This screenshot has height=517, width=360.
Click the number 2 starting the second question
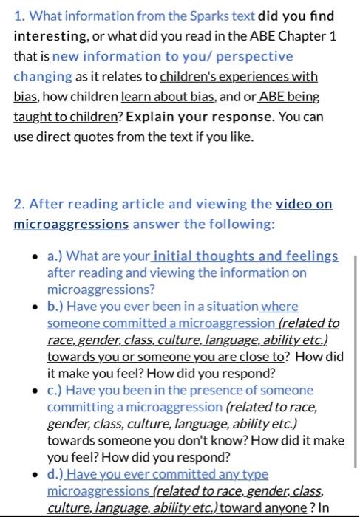point(18,204)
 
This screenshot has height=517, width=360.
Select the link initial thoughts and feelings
point(245,256)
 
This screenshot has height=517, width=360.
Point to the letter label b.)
point(55,306)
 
